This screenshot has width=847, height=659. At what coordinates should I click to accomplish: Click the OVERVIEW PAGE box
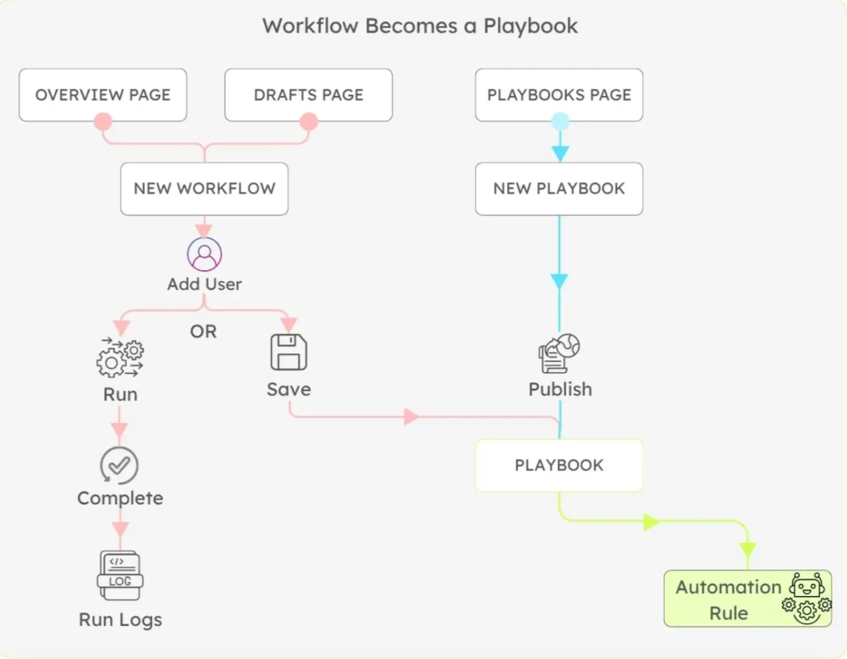coord(102,95)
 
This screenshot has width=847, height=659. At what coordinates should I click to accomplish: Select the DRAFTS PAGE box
coord(308,95)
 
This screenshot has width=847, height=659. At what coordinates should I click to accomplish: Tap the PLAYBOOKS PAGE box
coord(559,95)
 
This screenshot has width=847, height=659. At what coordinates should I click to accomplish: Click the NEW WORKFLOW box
coord(204,189)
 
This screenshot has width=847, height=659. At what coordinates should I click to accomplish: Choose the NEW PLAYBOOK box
coord(559,189)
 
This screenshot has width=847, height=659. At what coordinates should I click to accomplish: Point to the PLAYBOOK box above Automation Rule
coord(559,466)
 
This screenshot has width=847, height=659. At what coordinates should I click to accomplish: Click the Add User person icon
coord(204,255)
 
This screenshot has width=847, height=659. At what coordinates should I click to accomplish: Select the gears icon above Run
coord(120,357)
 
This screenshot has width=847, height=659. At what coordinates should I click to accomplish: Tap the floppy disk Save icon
coord(289,352)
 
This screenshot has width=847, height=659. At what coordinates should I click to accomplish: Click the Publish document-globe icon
coord(559,354)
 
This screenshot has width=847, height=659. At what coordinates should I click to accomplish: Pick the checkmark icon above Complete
coord(119,466)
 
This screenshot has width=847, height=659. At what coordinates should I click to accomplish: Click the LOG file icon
coord(120,576)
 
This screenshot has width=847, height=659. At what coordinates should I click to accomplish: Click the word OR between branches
coord(204,332)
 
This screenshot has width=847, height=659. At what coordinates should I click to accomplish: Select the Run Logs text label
coord(120,620)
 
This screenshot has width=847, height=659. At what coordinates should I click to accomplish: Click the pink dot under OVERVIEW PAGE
coord(103,121)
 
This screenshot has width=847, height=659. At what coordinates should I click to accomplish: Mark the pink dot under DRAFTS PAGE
coord(309,121)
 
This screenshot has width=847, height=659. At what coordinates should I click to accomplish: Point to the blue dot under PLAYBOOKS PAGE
coord(560,121)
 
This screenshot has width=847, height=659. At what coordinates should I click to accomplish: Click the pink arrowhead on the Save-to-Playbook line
coord(411,417)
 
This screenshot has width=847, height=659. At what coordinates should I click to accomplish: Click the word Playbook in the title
coord(530,26)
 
